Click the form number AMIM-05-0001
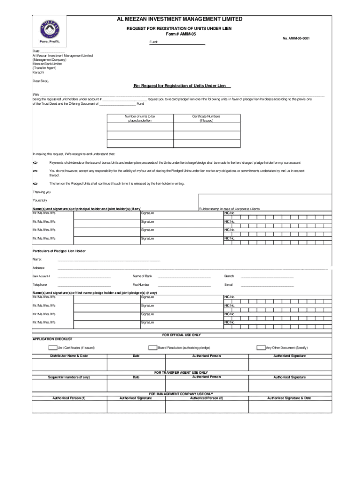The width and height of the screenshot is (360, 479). (x=296, y=38)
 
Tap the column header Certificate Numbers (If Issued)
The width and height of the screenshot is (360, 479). (x=206, y=118)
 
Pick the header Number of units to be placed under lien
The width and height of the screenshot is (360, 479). (x=140, y=118)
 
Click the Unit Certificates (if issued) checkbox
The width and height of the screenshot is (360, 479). (x=53, y=348)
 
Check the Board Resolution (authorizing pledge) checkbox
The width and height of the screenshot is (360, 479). (x=152, y=348)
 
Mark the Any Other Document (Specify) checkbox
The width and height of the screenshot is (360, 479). (x=261, y=348)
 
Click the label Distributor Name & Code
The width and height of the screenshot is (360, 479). (x=69, y=356)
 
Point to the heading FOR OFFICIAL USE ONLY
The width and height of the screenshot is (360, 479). (x=181, y=335)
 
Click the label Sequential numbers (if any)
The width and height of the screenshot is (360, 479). (x=69, y=377)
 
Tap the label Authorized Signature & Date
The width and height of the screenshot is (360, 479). (x=289, y=398)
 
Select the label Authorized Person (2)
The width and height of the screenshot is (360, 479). (x=206, y=398)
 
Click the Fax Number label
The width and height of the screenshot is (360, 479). (x=141, y=284)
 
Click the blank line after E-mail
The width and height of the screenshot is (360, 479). (x=267, y=284)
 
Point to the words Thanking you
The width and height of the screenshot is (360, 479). (x=42, y=192)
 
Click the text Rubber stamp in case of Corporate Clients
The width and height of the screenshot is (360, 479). (x=229, y=209)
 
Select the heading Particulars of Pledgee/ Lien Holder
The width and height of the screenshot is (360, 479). (x=59, y=251)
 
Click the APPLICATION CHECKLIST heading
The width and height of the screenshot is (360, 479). (x=52, y=339)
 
